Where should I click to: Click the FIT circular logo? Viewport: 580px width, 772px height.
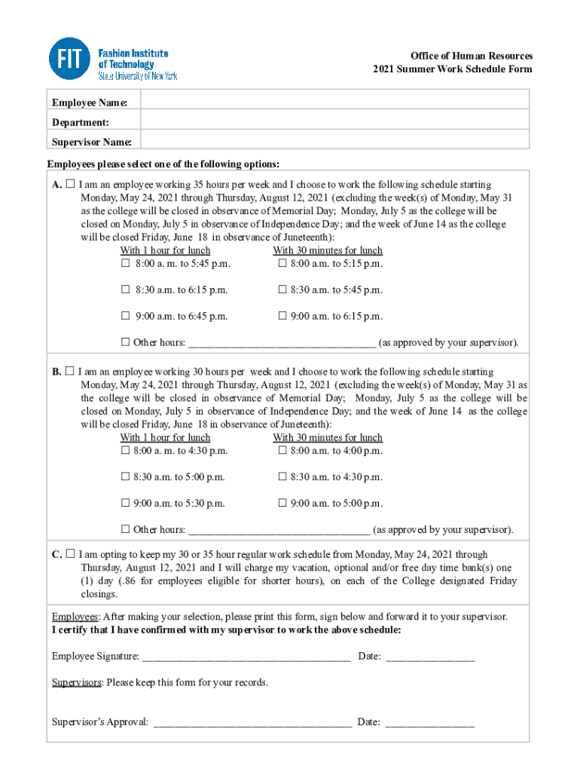[69, 60]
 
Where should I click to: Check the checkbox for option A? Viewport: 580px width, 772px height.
[70, 185]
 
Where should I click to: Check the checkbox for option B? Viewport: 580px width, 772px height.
[69, 372]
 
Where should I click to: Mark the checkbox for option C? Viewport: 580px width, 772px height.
[70, 554]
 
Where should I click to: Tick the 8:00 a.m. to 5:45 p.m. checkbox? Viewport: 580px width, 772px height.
[126, 264]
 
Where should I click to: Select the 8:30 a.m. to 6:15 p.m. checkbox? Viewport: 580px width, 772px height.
[126, 289]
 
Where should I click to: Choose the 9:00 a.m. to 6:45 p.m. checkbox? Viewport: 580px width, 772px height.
[126, 316]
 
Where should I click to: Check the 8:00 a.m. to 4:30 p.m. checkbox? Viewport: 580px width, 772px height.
[126, 451]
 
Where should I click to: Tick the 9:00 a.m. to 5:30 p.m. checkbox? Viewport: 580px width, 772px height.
[126, 503]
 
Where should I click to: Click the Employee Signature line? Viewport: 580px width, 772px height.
[246, 657]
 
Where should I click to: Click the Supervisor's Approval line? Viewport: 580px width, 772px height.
[252, 723]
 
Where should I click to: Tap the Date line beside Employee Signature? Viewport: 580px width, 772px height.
[430, 657]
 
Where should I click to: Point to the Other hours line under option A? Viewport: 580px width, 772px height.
[282, 343]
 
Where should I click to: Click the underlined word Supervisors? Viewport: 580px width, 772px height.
[76, 682]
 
